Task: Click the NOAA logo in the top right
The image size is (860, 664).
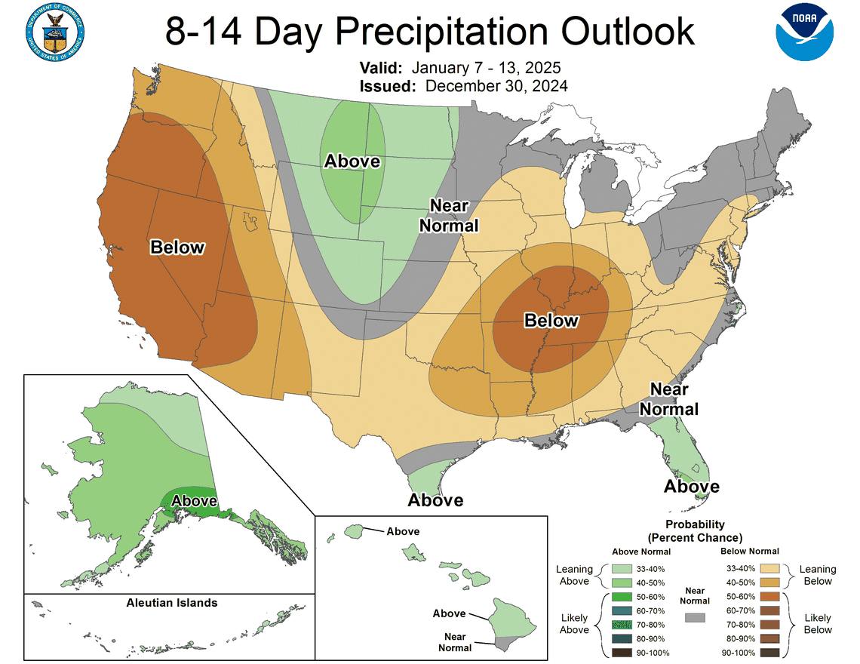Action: (805, 32)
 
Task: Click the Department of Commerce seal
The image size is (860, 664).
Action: (54, 32)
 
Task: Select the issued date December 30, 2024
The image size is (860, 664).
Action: (496, 85)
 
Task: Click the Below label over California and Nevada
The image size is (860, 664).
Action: (177, 247)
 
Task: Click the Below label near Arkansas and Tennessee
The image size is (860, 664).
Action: (551, 321)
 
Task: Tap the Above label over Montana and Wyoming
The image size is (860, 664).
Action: (352, 161)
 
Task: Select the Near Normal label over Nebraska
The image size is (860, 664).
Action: (449, 216)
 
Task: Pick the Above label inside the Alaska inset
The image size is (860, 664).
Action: (194, 500)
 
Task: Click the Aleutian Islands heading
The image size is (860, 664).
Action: (172, 602)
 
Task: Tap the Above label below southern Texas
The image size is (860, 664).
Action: (435, 500)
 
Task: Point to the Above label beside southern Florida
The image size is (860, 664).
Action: (691, 487)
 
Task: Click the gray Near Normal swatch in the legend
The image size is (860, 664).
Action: (694, 617)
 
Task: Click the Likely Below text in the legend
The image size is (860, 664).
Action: (818, 623)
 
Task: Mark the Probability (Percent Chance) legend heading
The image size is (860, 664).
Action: (695, 531)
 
